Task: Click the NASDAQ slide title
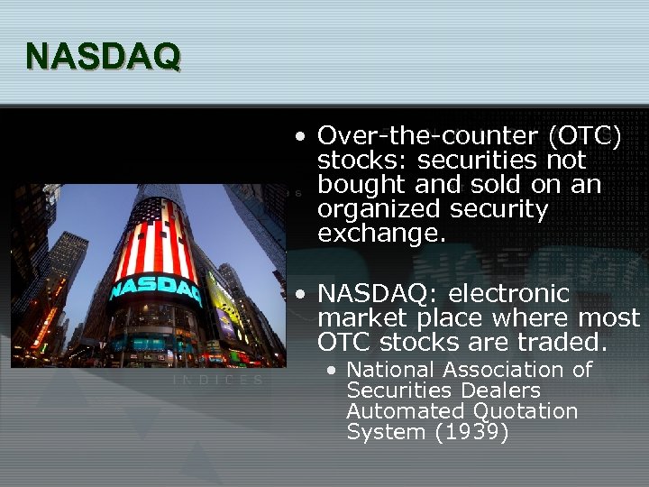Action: point(103,56)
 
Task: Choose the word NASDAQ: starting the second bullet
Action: point(378,294)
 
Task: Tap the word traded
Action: point(566,343)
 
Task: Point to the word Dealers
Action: point(500,391)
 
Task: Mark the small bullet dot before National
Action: point(332,371)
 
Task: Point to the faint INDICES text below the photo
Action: point(217,381)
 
